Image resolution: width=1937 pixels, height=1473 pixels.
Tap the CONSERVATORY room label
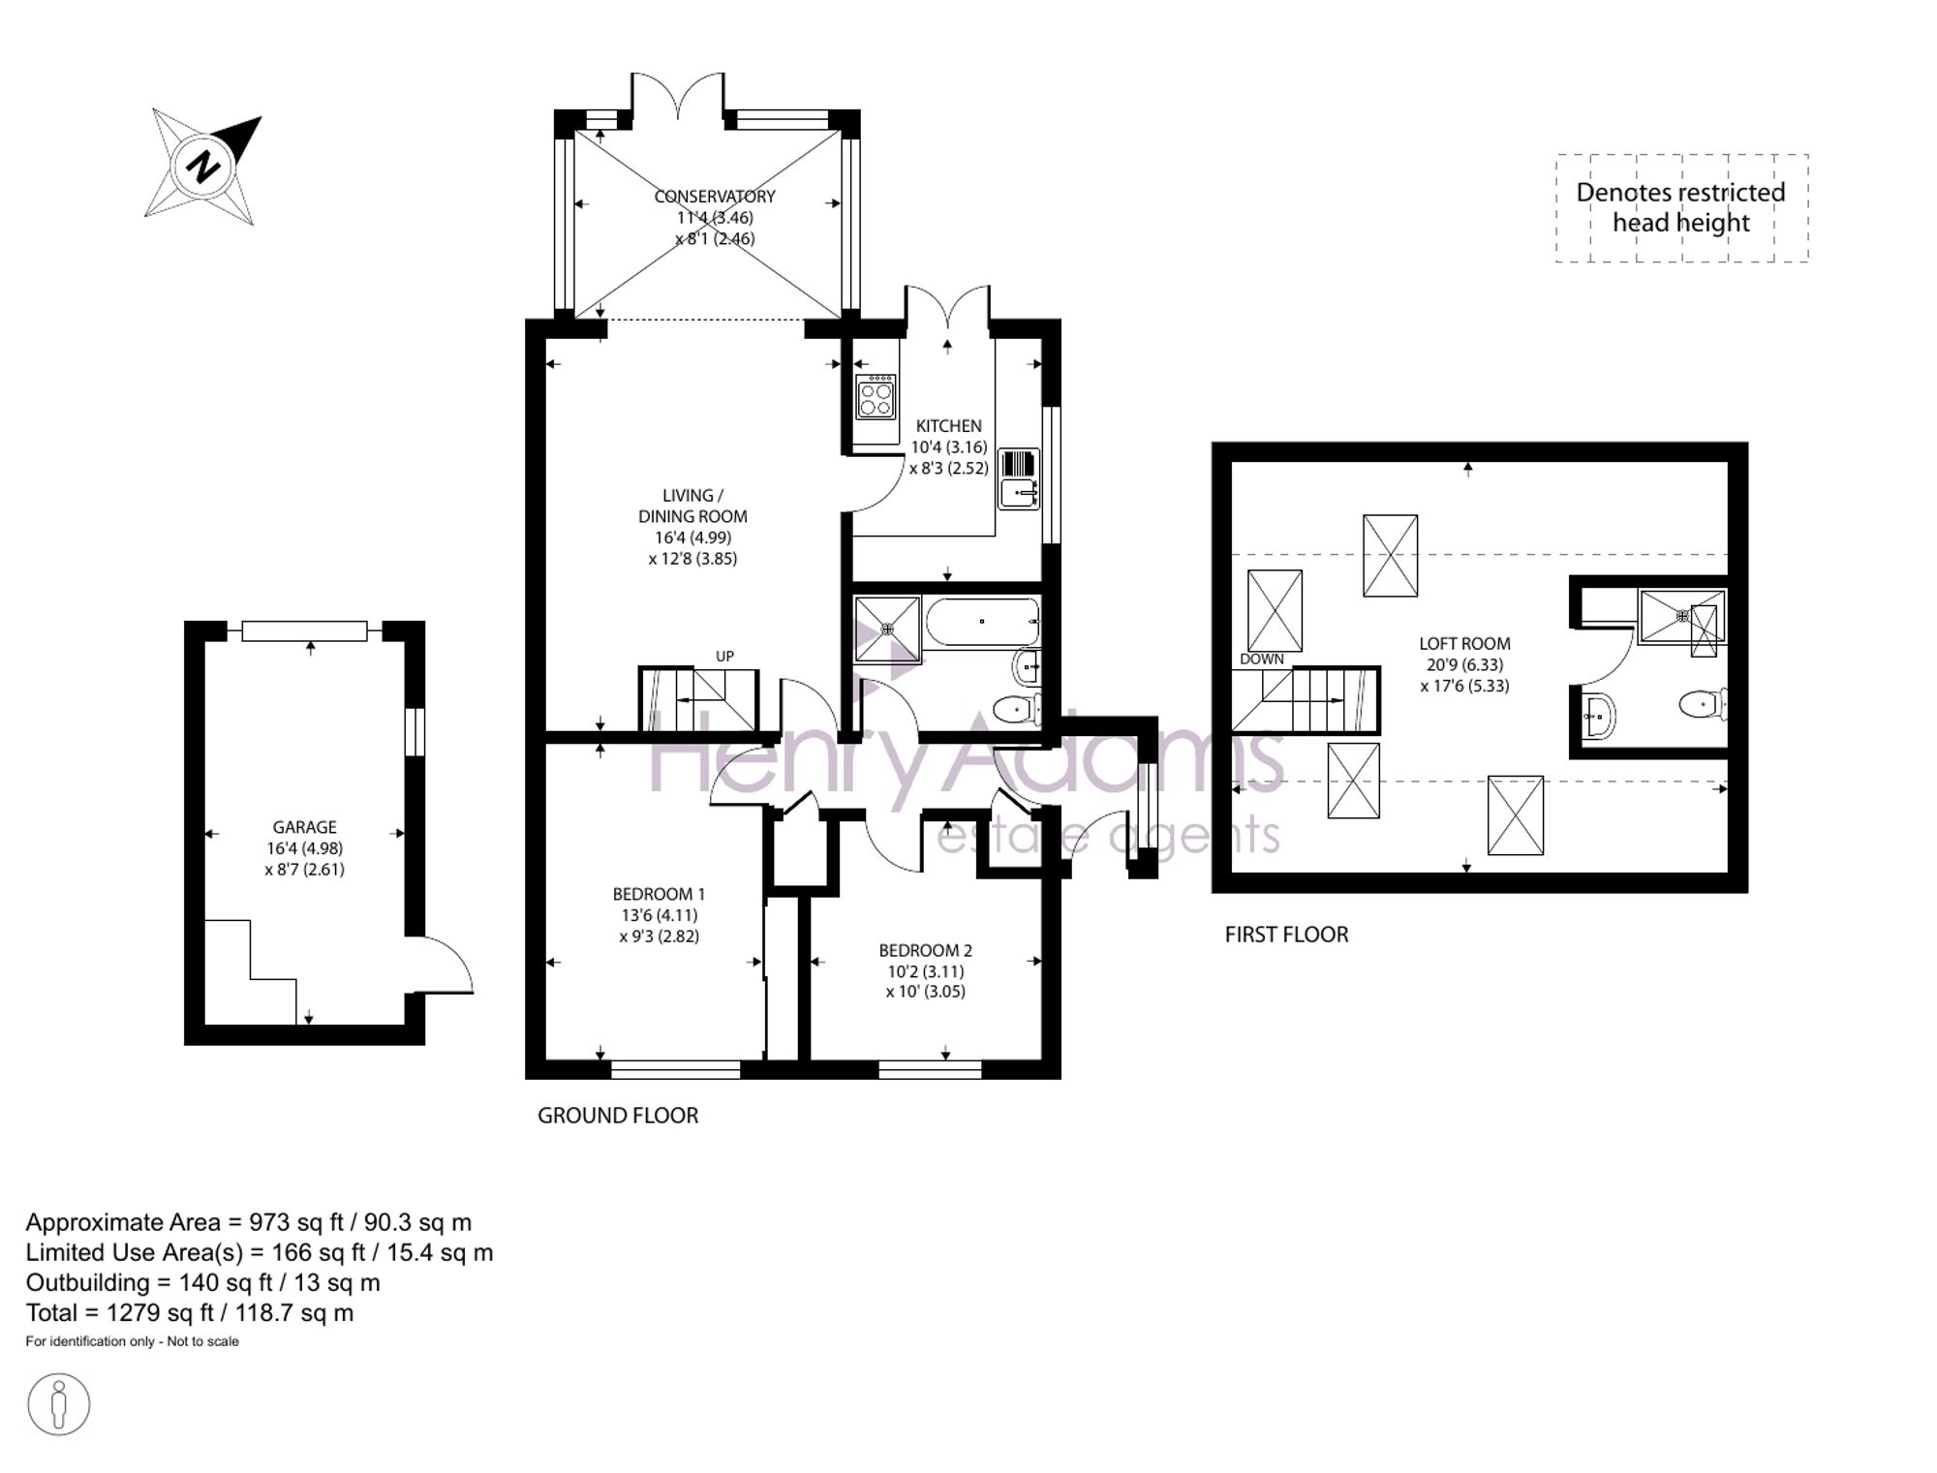[715, 197]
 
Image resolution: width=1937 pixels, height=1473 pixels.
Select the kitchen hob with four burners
[876, 396]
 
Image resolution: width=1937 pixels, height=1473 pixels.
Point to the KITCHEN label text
[948, 426]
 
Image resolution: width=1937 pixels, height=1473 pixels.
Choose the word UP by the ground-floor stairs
[724, 657]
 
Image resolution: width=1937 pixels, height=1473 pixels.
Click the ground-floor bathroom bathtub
[982, 622]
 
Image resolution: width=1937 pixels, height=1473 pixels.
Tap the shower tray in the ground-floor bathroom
[887, 629]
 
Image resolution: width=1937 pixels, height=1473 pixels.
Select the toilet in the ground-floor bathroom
[1017, 708]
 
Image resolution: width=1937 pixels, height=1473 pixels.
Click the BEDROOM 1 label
[659, 894]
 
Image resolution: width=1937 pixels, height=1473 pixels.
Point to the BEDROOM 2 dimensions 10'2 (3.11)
[926, 971]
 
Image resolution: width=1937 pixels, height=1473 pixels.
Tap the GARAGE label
[304, 827]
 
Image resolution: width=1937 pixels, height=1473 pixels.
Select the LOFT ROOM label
[1464, 643]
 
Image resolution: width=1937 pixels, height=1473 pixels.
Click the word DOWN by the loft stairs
[1262, 659]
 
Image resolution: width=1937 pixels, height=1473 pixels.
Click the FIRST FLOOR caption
[1286, 935]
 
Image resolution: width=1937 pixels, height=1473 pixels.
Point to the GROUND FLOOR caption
[618, 1116]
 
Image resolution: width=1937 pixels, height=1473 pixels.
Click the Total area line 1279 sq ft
[190, 1313]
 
